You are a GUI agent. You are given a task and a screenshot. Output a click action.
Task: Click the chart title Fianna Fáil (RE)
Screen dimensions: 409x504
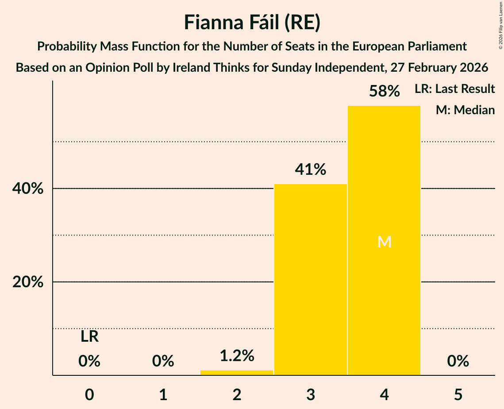click(252, 23)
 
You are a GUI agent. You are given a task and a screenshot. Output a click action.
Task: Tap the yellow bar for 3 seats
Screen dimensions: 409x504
click(311, 279)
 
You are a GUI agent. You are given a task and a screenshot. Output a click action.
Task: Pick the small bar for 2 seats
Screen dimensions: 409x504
click(237, 373)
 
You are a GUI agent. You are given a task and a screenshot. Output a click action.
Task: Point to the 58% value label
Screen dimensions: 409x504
click(384, 92)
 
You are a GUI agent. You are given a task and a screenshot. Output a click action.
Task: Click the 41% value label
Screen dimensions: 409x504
click(311, 170)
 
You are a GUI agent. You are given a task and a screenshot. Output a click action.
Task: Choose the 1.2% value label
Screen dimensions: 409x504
click(237, 355)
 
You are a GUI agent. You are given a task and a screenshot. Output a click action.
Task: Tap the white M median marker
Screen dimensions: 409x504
click(384, 242)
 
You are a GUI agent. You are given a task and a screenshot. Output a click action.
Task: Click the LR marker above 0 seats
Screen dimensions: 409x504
click(89, 337)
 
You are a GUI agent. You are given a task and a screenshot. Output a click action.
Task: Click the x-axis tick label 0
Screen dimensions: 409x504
click(89, 395)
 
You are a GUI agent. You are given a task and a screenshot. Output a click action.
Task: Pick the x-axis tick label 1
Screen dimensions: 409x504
click(163, 395)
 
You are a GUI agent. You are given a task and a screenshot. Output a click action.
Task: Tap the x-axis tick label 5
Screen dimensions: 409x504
click(458, 395)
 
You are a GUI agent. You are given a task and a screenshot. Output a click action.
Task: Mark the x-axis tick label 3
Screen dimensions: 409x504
click(311, 395)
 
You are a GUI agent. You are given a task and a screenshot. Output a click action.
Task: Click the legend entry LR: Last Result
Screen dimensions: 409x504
click(455, 89)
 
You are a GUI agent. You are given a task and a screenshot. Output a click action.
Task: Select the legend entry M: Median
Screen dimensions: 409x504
click(465, 110)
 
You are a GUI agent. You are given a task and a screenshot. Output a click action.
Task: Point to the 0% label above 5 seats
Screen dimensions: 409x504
click(458, 362)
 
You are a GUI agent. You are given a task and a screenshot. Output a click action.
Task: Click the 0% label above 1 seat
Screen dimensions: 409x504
click(163, 362)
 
